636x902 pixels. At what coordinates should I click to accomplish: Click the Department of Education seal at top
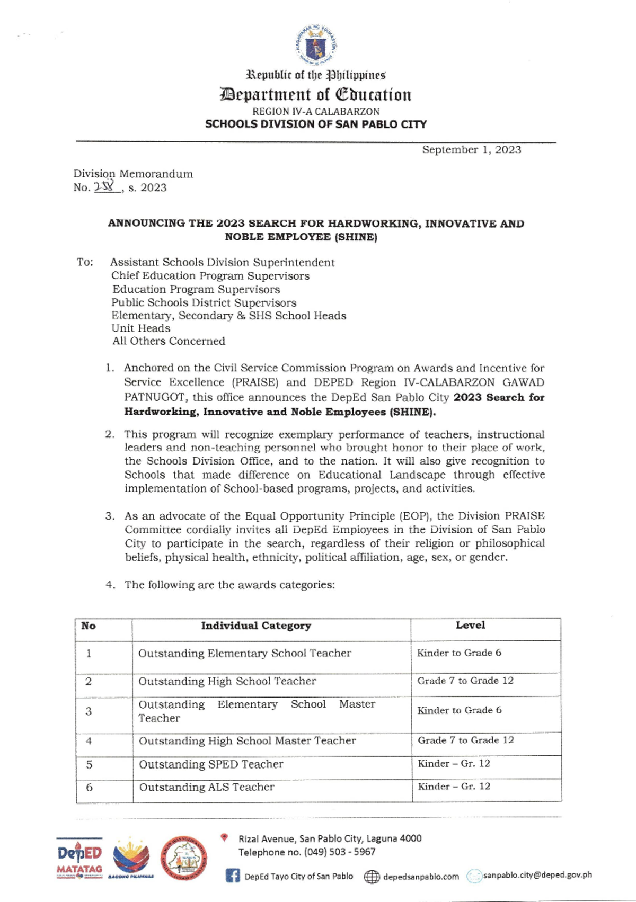click(x=316, y=45)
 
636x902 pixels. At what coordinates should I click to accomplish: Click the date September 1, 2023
click(x=471, y=150)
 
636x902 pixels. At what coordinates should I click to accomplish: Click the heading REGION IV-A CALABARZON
click(x=316, y=112)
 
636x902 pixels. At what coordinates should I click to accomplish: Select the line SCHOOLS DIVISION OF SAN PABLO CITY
click(x=316, y=124)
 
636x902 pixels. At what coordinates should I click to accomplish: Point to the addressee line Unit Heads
click(x=140, y=328)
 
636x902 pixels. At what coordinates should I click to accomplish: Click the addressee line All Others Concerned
click(x=169, y=341)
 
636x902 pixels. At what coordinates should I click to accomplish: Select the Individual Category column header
click(x=255, y=626)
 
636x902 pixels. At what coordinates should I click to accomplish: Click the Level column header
click(x=470, y=625)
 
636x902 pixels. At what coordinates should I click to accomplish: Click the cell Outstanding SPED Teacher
click(x=211, y=764)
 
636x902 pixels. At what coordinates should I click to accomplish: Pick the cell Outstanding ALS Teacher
click(x=207, y=788)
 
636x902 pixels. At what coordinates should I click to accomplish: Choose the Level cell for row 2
click(x=465, y=681)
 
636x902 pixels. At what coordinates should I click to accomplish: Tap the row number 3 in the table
click(x=89, y=711)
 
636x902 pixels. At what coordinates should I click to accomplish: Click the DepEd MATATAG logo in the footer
click(x=79, y=859)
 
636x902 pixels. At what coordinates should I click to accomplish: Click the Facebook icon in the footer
click(x=233, y=876)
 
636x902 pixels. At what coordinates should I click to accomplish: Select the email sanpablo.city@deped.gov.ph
click(x=537, y=875)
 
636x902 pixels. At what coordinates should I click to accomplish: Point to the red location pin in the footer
click(x=224, y=837)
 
